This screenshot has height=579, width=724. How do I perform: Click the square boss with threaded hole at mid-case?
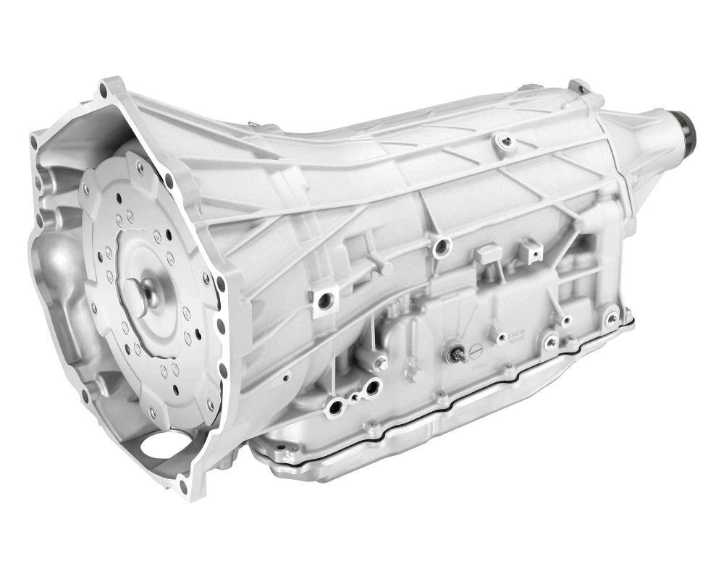[326, 297]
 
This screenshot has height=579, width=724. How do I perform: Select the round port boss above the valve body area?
[438, 250]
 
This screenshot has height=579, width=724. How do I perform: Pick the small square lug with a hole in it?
[533, 250]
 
